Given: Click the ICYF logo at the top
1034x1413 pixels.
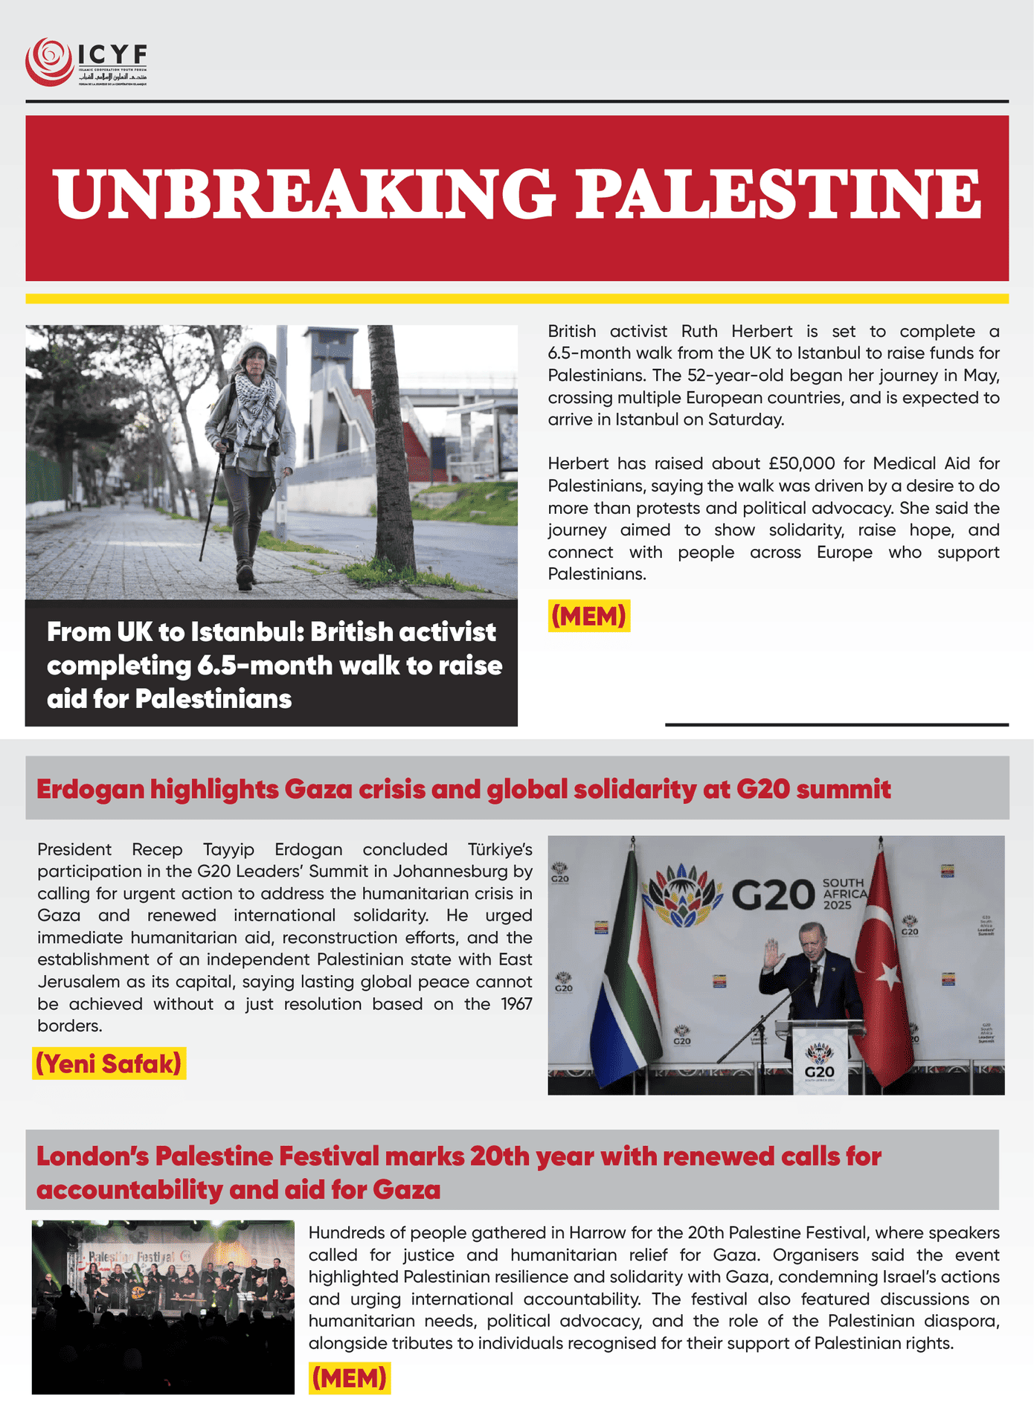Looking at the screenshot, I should (86, 62).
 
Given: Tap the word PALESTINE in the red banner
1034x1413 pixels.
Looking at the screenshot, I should (778, 195).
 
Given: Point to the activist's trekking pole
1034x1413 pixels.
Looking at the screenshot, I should (212, 506).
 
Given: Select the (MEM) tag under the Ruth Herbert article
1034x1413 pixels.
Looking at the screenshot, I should (588, 617).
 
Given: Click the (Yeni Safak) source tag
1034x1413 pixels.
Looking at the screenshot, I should (109, 1064).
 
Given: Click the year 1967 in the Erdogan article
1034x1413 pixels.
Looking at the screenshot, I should (516, 1004).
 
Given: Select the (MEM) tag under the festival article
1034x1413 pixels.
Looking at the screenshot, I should (349, 1378).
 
